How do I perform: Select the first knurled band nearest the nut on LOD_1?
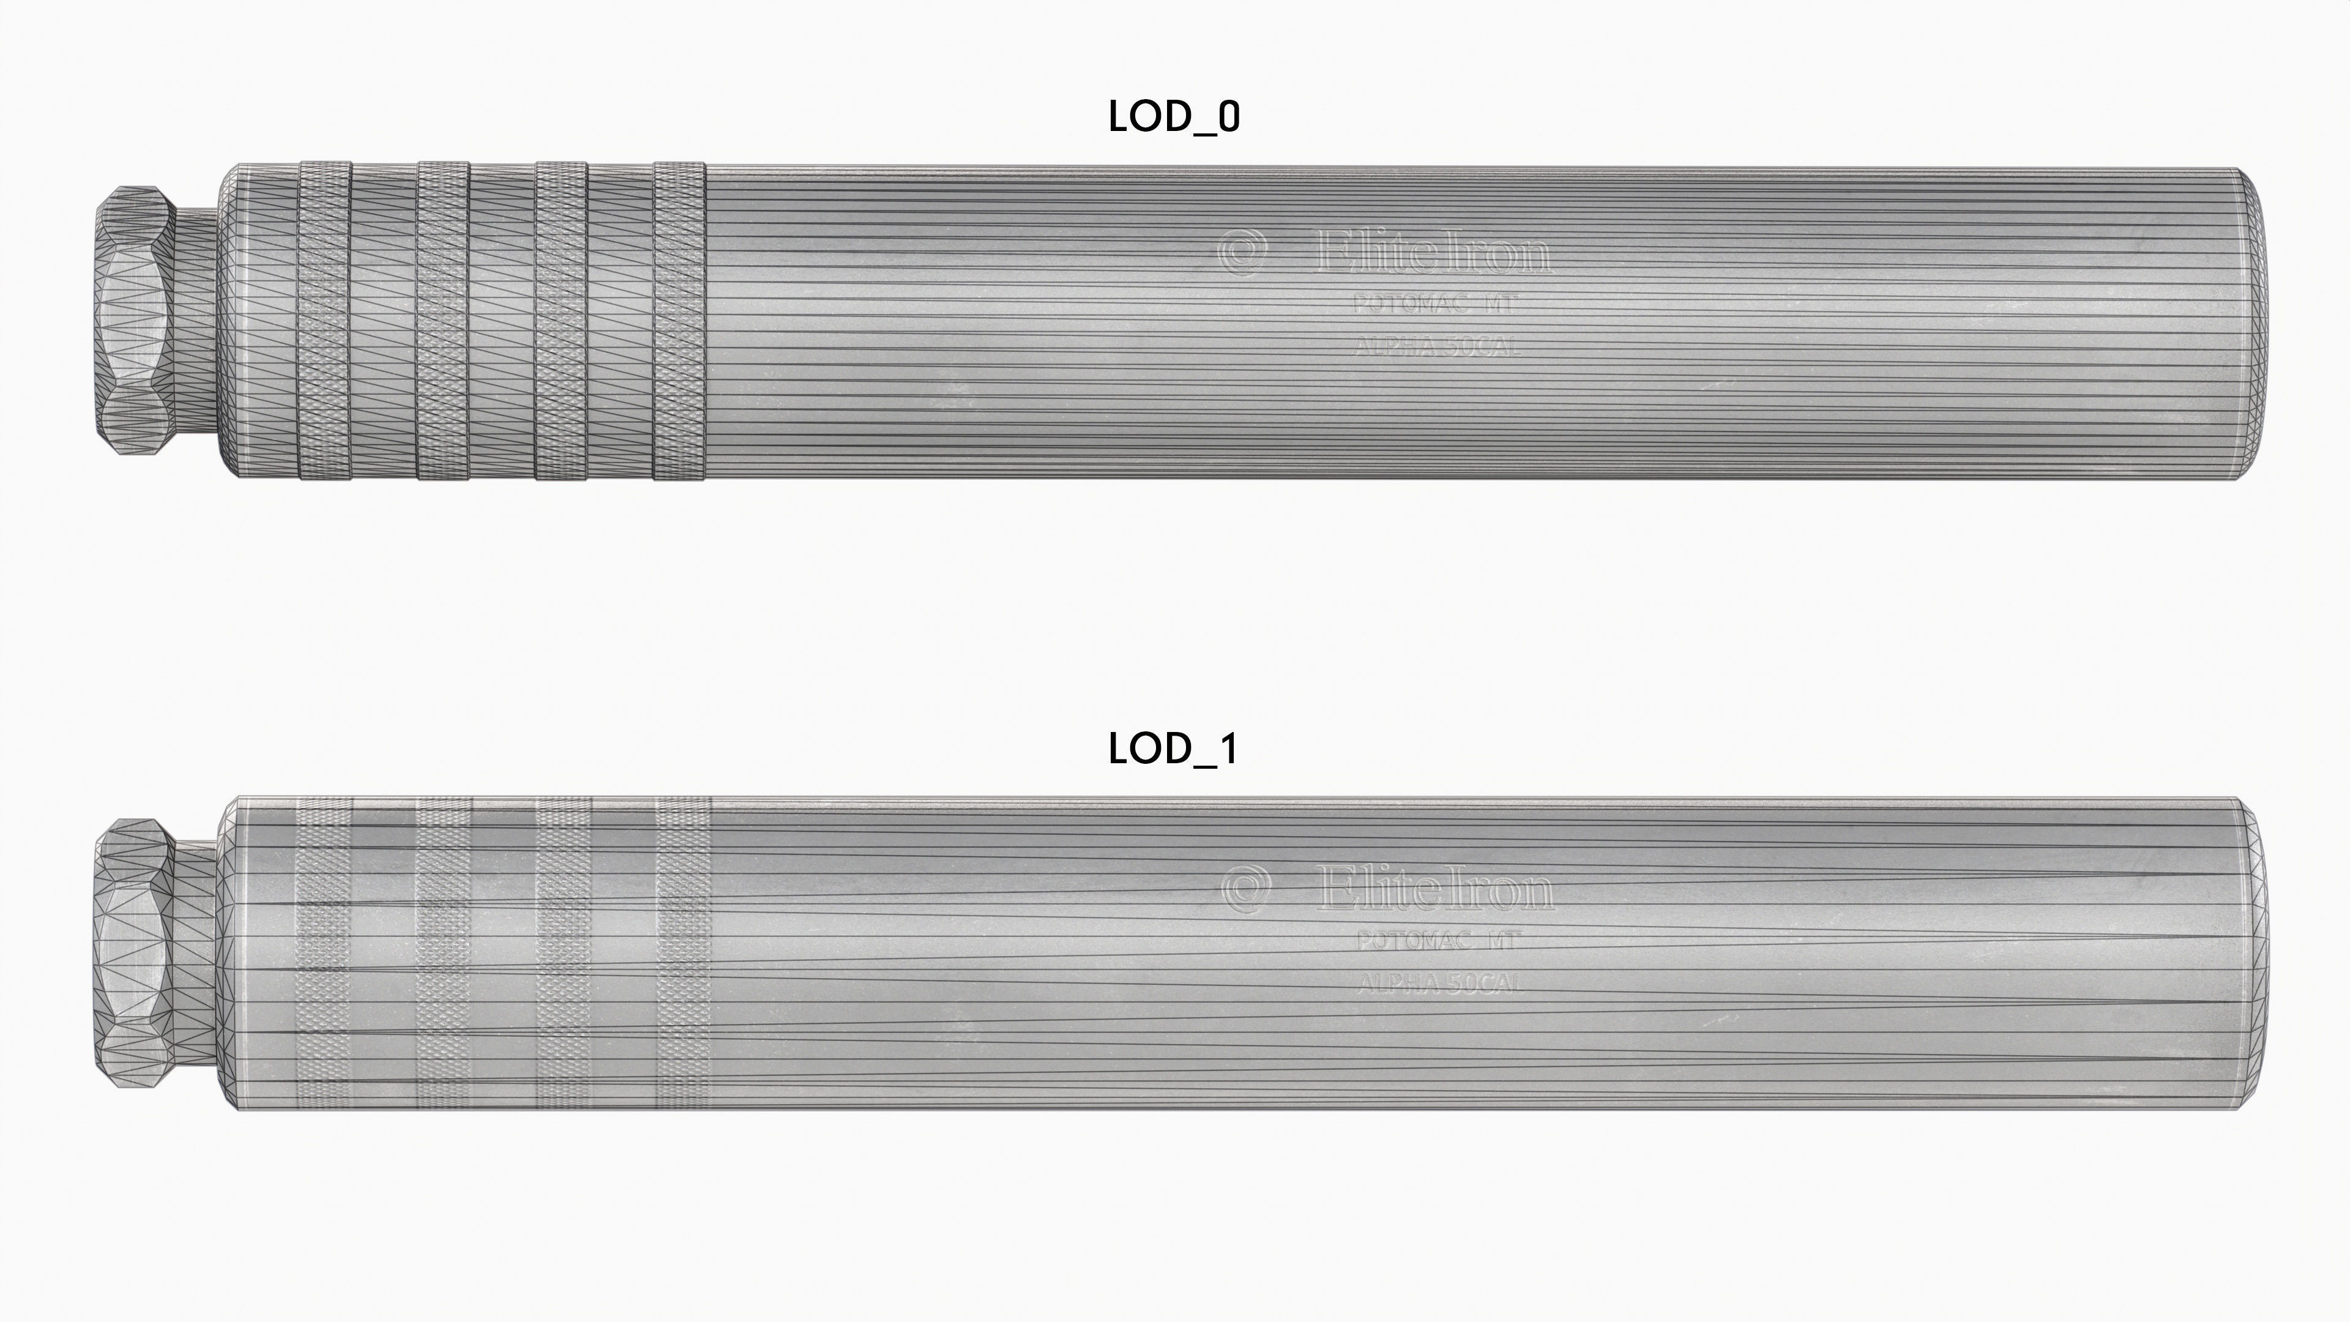pos(324,952)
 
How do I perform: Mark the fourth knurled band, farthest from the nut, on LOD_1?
pos(682,952)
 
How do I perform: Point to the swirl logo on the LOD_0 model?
pos(1242,251)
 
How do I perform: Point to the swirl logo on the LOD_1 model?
pos(1245,887)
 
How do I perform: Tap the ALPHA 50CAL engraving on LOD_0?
pos(1438,346)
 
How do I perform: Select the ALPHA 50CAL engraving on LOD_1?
pos(1439,982)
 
